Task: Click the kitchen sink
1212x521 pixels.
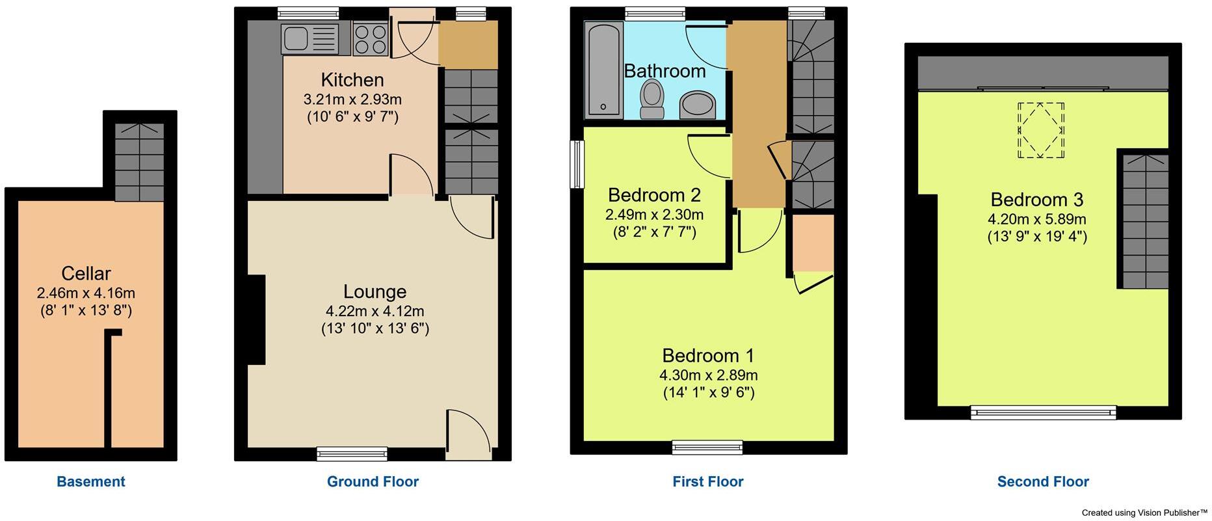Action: click(x=310, y=38)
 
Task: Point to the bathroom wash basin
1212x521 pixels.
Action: click(x=697, y=105)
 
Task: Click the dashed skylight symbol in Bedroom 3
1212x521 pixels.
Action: click(x=1041, y=130)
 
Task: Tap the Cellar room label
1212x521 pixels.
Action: click(x=86, y=273)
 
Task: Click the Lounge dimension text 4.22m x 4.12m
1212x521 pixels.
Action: click(x=375, y=312)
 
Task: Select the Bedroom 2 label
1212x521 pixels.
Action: click(x=654, y=194)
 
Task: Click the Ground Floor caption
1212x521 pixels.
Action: click(x=373, y=482)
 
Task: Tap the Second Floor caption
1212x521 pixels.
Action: click(x=1043, y=482)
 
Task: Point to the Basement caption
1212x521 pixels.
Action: click(x=91, y=482)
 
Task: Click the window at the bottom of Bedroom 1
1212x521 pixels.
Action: click(x=707, y=446)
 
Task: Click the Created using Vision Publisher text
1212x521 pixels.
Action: click(x=1144, y=513)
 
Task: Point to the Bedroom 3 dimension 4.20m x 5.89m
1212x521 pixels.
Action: click(x=1037, y=219)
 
